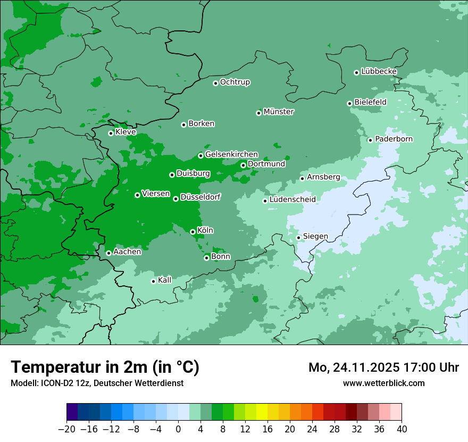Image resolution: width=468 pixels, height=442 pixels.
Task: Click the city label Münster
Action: pos(278,112)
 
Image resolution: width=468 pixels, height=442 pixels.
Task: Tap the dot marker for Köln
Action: pos(193,232)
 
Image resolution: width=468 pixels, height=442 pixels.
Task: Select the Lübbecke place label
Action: pos(379,71)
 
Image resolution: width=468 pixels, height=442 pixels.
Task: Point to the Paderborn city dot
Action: pos(370,140)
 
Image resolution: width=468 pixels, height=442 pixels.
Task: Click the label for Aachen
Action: pos(127,252)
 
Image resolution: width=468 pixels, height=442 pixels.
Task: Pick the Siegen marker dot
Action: pos(298,238)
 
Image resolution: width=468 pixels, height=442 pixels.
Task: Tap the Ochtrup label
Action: pos(235,82)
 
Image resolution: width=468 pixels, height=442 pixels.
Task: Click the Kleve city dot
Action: pos(111,133)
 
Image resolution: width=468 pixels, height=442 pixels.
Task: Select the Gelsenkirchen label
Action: pos(231,154)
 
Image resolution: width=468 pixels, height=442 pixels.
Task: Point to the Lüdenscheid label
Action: pos(292,200)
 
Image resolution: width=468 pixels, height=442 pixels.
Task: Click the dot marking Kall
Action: pos(153,281)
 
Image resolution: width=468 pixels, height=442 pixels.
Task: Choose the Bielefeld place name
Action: pos(370,102)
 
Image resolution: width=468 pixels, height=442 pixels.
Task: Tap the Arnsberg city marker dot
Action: pos(302,178)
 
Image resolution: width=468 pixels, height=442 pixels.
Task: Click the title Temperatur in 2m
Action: pos(105,367)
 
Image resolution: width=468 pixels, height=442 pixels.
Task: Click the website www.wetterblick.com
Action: pos(383,383)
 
